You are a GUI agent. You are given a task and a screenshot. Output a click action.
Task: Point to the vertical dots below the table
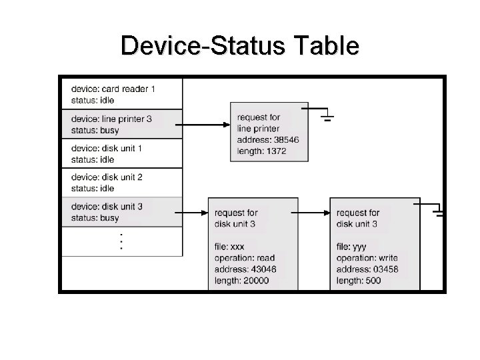pos(121,242)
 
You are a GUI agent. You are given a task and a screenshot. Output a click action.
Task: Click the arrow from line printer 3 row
pos(206,124)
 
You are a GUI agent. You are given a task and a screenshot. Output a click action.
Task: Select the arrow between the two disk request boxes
pos(313,213)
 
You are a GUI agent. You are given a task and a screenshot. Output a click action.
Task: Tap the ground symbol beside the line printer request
pos(327,118)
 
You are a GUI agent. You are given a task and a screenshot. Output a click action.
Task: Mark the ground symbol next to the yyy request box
pos(439,213)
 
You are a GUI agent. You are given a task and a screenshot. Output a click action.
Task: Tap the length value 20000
pos(255,281)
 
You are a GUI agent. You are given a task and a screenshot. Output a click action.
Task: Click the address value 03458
pos(385,269)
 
